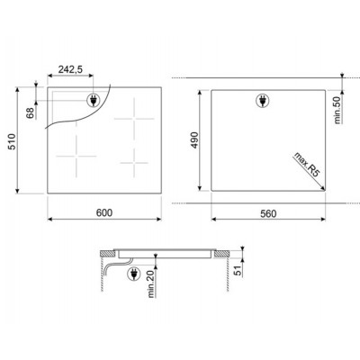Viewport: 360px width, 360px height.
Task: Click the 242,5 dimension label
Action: pos(70,69)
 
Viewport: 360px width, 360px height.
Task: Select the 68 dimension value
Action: pos(31,113)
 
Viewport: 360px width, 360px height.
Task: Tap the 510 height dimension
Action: pos(12,141)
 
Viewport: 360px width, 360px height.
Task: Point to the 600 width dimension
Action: pos(104,212)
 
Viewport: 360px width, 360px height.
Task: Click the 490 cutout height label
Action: pos(194,139)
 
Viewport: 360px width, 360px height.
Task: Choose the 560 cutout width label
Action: pos(268,214)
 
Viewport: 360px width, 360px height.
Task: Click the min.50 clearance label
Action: pos(337,110)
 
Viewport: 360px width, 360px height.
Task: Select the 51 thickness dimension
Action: pos(238,271)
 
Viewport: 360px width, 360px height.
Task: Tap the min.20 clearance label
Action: pos(151,283)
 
